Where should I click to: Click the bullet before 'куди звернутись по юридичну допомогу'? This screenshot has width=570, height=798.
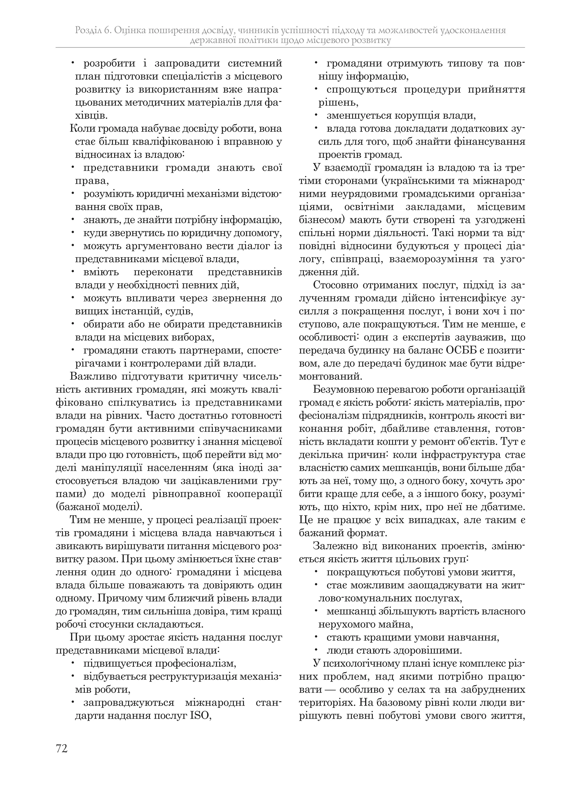click(x=73, y=233)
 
